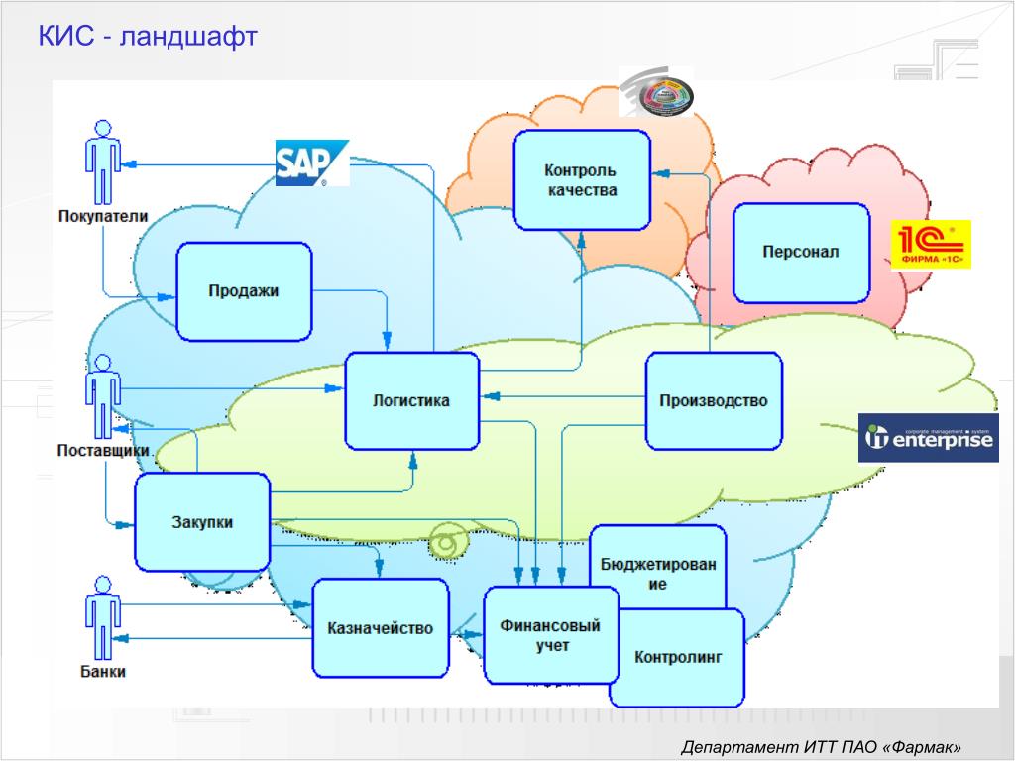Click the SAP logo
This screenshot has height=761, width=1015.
click(x=312, y=163)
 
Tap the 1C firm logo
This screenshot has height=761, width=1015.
click(x=930, y=245)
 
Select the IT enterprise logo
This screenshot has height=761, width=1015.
click(x=928, y=438)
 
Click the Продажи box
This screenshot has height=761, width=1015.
click(x=244, y=291)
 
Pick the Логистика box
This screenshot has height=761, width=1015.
click(x=411, y=400)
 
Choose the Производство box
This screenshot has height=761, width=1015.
click(x=714, y=400)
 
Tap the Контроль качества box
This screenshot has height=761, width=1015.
click(x=582, y=179)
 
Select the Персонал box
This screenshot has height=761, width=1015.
click(x=801, y=252)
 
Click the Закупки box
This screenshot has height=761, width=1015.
click(x=202, y=522)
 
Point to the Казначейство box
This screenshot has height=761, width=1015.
click(x=381, y=628)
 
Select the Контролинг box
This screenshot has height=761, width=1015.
click(x=679, y=657)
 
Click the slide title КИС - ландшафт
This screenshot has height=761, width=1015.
click(x=148, y=37)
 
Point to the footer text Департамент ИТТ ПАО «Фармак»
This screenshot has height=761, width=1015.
click(x=822, y=746)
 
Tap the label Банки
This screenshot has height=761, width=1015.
click(x=103, y=673)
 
